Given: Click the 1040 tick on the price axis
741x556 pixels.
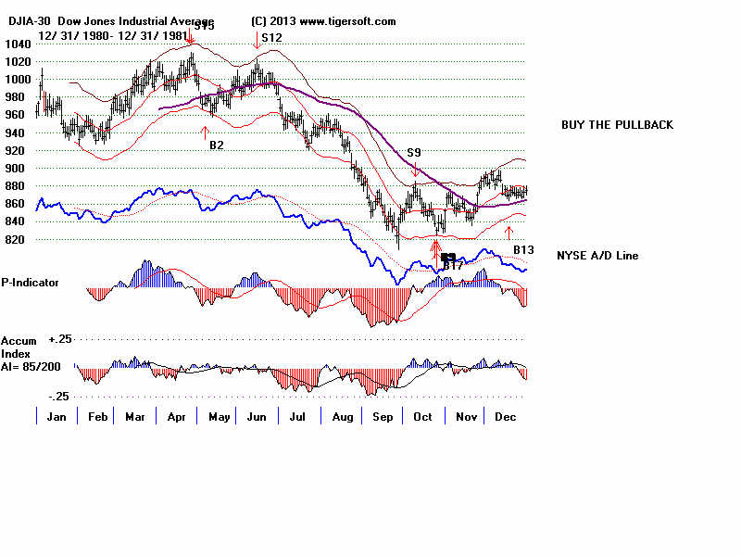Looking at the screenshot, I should [x=16, y=44].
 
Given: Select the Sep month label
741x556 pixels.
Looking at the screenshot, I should [x=382, y=418].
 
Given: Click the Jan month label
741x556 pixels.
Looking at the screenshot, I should [x=56, y=418].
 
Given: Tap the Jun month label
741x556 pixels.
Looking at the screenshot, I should [x=257, y=418].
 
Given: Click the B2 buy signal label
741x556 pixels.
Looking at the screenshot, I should [x=216, y=145].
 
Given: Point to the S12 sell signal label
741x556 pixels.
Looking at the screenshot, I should [x=271, y=38].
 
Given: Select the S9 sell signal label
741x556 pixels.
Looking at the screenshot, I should [x=414, y=152].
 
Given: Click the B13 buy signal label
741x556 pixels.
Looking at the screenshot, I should [x=524, y=250].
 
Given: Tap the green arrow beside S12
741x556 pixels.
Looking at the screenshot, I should [x=256, y=39].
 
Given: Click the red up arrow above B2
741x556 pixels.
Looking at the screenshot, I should [x=205, y=133].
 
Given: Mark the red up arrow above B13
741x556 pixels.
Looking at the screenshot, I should [x=509, y=231].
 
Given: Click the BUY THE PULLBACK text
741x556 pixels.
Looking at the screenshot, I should [x=617, y=125].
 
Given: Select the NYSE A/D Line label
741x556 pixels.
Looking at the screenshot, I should [x=597, y=256].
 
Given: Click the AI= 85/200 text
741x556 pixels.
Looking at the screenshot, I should [x=33, y=364].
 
